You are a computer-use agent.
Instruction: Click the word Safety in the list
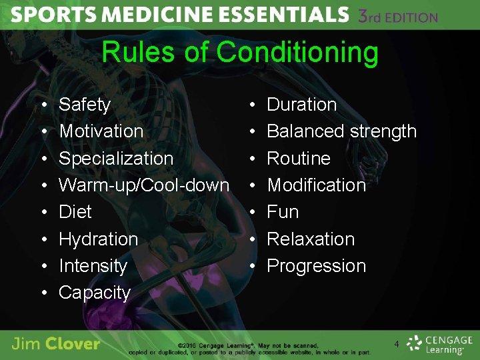pyautogui.click(x=85, y=105)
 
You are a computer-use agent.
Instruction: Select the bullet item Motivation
pyautogui.click(x=101, y=131)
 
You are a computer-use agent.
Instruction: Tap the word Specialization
pyautogui.click(x=116, y=159)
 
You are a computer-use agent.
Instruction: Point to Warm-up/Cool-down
pyautogui.click(x=144, y=185)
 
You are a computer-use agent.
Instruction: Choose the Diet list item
pyautogui.click(x=75, y=212)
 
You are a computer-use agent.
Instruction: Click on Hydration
pyautogui.click(x=99, y=239)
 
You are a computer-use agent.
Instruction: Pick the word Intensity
pyautogui.click(x=93, y=265)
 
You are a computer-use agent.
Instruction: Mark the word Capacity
pyautogui.click(x=95, y=292)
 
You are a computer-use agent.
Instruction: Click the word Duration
pyautogui.click(x=301, y=105)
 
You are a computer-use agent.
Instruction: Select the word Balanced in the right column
pyautogui.click(x=303, y=131)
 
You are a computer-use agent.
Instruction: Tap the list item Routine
pyautogui.click(x=299, y=159)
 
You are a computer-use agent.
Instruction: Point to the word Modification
pyautogui.click(x=316, y=185)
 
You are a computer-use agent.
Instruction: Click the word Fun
pyautogui.click(x=283, y=212)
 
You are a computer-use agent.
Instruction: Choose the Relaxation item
pyautogui.click(x=311, y=239)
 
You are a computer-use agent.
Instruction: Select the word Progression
pyautogui.click(x=316, y=265)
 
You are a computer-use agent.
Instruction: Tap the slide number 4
pyautogui.click(x=397, y=344)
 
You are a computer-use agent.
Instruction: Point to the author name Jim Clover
pyautogui.click(x=56, y=344)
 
